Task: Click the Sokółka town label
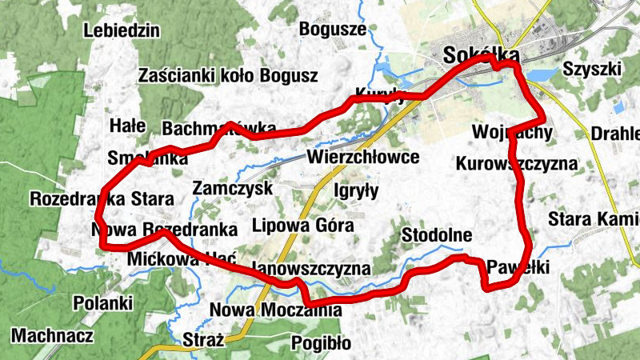[x=481, y=55]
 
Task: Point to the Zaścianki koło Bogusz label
[x=228, y=76]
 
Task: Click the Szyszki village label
[x=591, y=68]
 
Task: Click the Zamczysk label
[x=233, y=188]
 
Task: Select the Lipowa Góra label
[x=302, y=225]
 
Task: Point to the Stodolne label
[x=436, y=235]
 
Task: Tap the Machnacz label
[x=52, y=335]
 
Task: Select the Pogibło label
[x=322, y=343]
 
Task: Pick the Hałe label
[x=127, y=126]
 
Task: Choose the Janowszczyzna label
[x=310, y=268]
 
